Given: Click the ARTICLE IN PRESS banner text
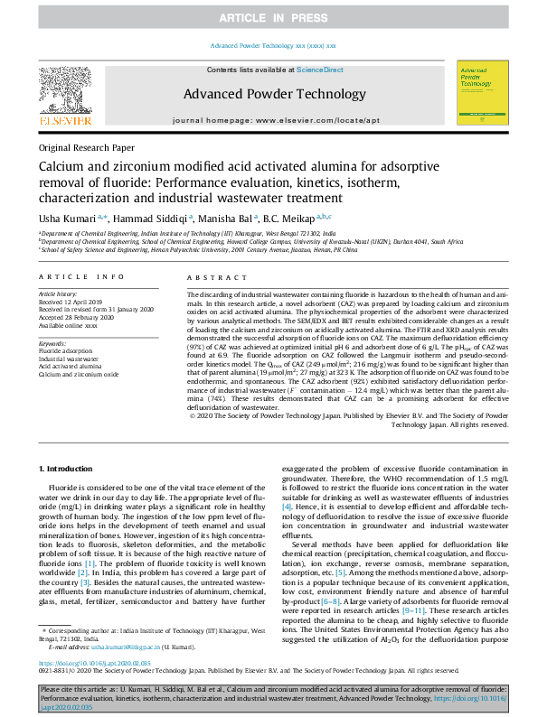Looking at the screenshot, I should coord(269,18).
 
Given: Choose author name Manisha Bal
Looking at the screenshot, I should coord(227,217).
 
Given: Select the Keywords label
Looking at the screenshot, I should coord(53,344).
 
